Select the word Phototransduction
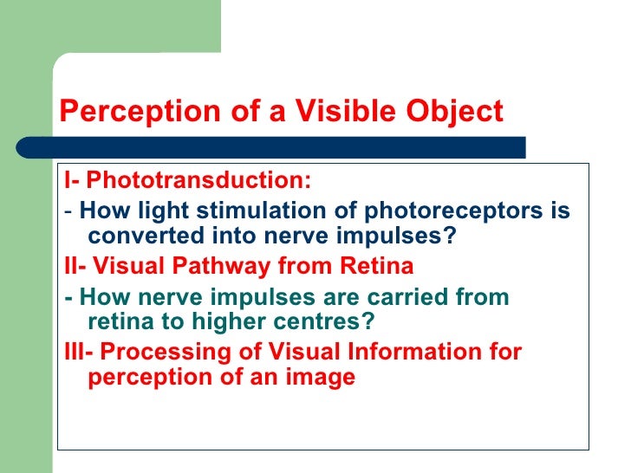pyautogui.click(x=198, y=181)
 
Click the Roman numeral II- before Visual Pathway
pyautogui.click(x=75, y=266)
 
